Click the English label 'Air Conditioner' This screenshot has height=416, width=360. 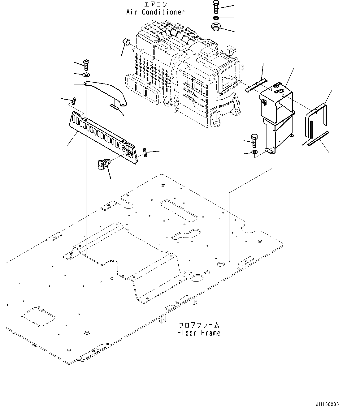(x=155, y=12)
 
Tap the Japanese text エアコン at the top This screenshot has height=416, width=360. (x=155, y=4)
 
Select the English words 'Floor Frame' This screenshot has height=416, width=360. (x=199, y=333)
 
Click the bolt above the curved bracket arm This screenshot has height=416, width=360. (x=86, y=64)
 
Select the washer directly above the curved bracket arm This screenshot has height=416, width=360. (x=86, y=75)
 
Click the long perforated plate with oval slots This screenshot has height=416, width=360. (x=102, y=135)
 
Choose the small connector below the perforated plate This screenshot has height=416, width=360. (x=103, y=163)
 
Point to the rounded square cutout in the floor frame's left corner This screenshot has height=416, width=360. (x=39, y=316)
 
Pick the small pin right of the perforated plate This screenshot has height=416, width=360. (x=145, y=153)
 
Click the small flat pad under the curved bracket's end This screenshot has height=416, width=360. (x=114, y=107)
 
